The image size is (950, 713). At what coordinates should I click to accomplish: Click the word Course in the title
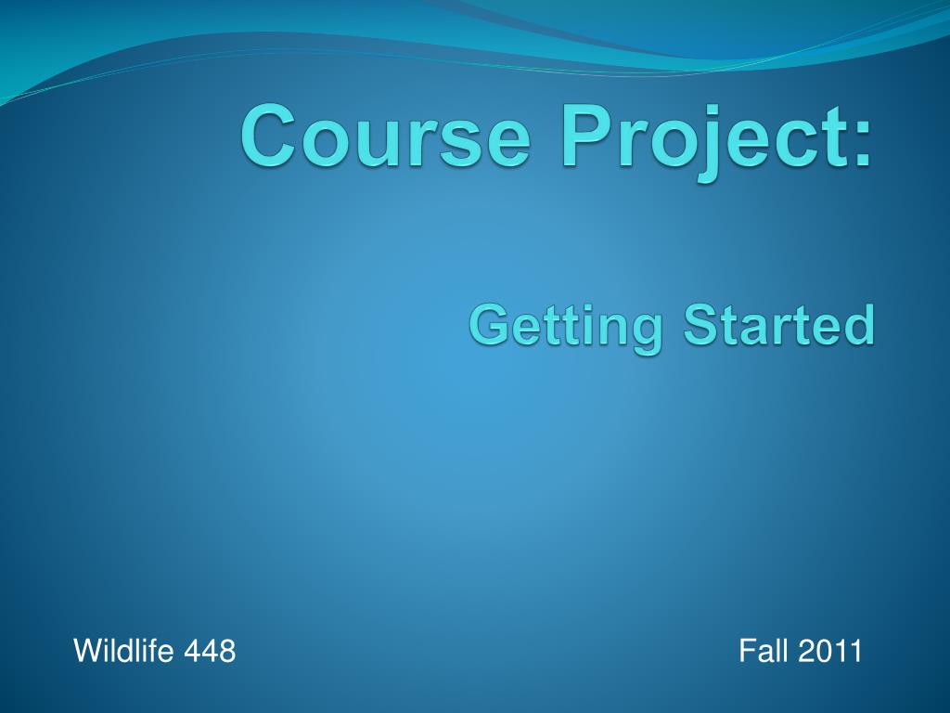387,136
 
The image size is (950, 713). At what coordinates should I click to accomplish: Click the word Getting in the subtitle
566,328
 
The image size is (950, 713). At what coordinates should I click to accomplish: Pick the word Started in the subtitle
779,324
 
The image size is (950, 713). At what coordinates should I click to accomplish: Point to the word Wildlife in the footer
123,651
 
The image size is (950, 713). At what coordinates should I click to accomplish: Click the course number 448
210,651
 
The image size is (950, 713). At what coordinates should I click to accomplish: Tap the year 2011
829,651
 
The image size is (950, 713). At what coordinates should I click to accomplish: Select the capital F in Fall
748,651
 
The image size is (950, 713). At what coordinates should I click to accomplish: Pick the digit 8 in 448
227,651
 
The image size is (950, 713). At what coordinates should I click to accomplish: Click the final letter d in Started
861,325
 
